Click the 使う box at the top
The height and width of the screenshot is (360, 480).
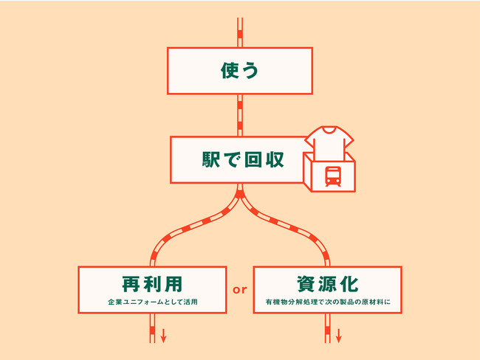pos(240,71)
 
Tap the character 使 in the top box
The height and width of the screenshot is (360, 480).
pos(230,71)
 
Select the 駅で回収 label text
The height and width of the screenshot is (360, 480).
pos(240,159)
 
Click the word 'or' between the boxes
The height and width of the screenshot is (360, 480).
pos(239,290)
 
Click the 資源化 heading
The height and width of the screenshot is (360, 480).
pos(327,283)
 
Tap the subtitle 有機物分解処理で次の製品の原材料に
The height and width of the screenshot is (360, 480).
pos(327,302)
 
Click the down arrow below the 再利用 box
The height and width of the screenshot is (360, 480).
pos(164,336)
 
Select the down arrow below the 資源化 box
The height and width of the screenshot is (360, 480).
pos(339,336)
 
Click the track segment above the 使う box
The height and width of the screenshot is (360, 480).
pos(240,25)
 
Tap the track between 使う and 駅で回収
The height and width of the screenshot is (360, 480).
pos(240,114)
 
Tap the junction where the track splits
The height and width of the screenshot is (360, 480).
pos(240,196)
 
